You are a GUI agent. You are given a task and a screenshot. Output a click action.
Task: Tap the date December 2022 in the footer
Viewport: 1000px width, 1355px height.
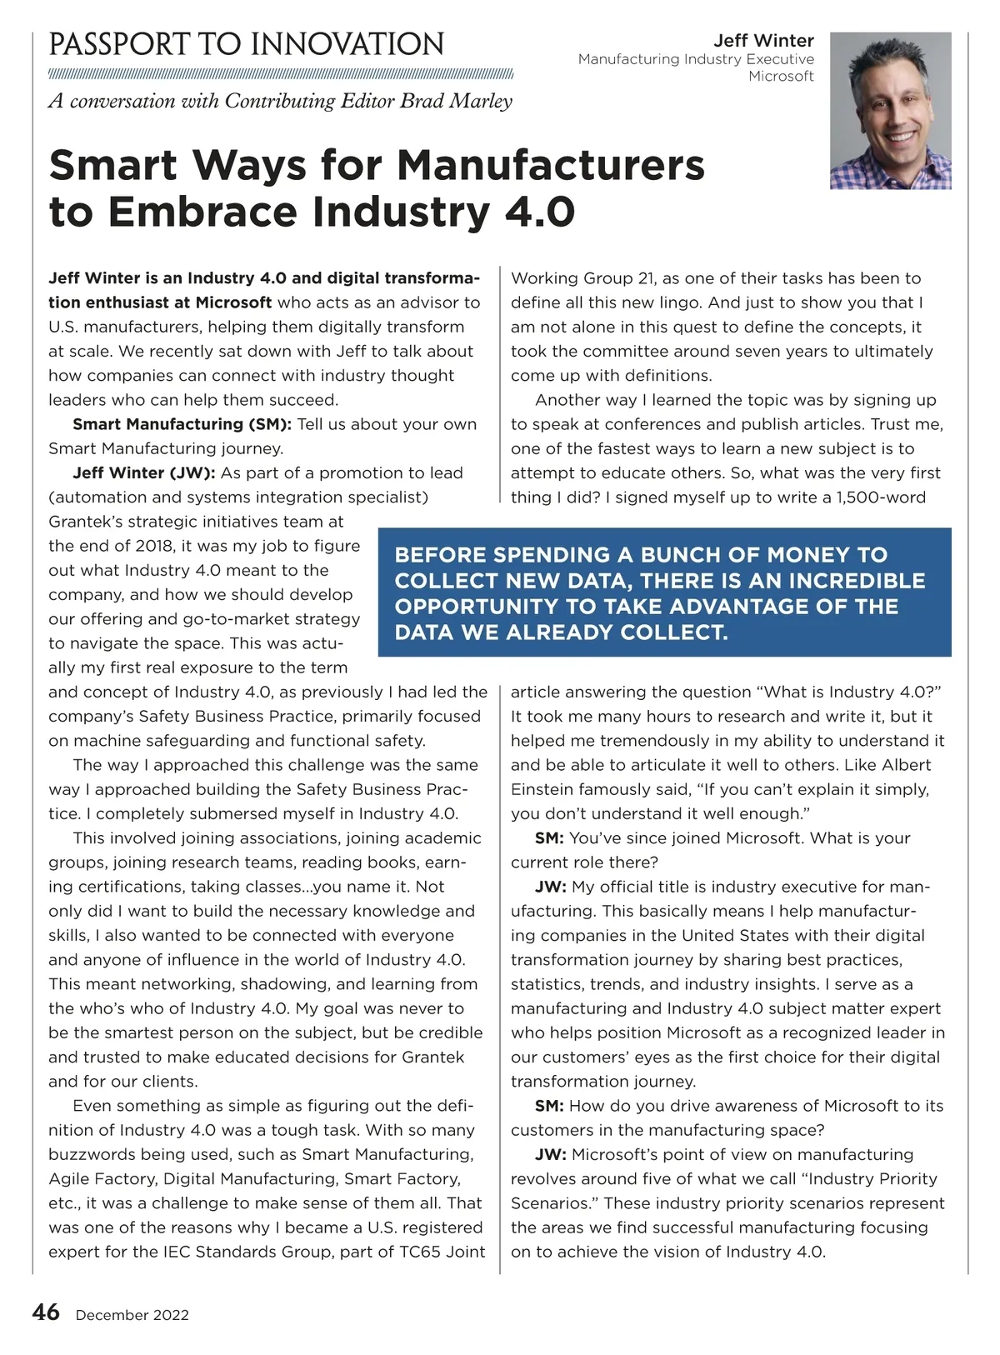pos(132,1315)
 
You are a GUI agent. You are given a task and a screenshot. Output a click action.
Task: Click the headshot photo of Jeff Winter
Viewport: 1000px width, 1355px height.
pos(890,111)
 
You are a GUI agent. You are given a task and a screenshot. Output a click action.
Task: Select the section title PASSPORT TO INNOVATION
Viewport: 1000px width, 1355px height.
pos(247,44)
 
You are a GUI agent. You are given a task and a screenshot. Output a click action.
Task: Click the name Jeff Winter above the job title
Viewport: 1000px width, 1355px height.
pos(763,40)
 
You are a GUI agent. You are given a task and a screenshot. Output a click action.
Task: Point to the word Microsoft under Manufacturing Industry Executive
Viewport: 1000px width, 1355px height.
pos(781,76)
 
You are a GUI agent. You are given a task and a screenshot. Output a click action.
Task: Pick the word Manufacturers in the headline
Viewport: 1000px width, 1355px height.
pos(551,164)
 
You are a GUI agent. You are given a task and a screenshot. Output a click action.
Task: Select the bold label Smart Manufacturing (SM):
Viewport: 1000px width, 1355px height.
pos(182,424)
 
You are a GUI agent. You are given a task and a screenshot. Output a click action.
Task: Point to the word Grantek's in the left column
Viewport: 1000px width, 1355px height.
pos(88,522)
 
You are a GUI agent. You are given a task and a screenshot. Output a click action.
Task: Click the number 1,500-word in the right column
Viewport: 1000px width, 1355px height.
pos(881,497)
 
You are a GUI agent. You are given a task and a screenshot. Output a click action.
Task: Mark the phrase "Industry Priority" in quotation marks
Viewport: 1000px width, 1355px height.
pos(873,1178)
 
